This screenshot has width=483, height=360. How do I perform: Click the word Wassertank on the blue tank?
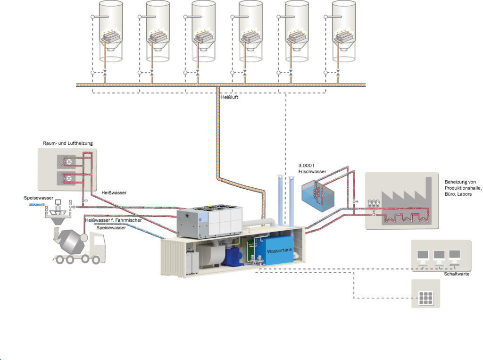(280, 251)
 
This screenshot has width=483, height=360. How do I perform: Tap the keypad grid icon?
(426, 298)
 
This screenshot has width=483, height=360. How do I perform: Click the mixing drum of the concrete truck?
(70, 241)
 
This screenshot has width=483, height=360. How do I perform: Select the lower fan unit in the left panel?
(67, 179)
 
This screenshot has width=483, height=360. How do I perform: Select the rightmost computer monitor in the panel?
(454, 255)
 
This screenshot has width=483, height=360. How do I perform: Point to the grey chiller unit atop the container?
(209, 223)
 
